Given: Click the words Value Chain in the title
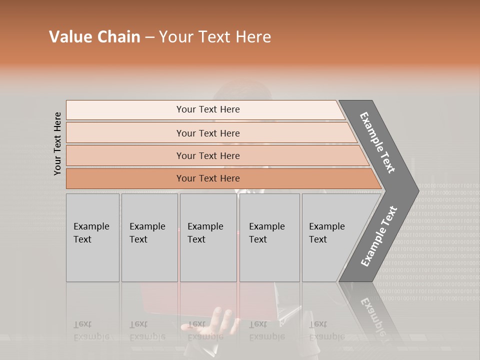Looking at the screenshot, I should (x=94, y=37).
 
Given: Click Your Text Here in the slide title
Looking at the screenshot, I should (x=215, y=37).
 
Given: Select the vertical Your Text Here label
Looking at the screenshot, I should (x=57, y=143).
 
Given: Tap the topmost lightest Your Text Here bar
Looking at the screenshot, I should (x=208, y=109).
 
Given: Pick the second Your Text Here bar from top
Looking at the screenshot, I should (x=208, y=133).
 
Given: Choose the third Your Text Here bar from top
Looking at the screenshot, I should (x=208, y=155).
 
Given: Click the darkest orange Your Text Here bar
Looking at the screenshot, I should (x=208, y=178).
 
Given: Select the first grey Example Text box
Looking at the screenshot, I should (x=92, y=237).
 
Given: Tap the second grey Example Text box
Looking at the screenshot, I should (x=149, y=237).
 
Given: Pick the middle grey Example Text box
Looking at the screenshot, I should (x=208, y=237).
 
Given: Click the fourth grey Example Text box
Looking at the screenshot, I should (x=269, y=237).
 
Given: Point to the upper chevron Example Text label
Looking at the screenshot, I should (x=378, y=142).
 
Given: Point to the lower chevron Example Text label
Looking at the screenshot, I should (x=378, y=236).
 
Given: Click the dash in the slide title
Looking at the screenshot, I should (x=149, y=37).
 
